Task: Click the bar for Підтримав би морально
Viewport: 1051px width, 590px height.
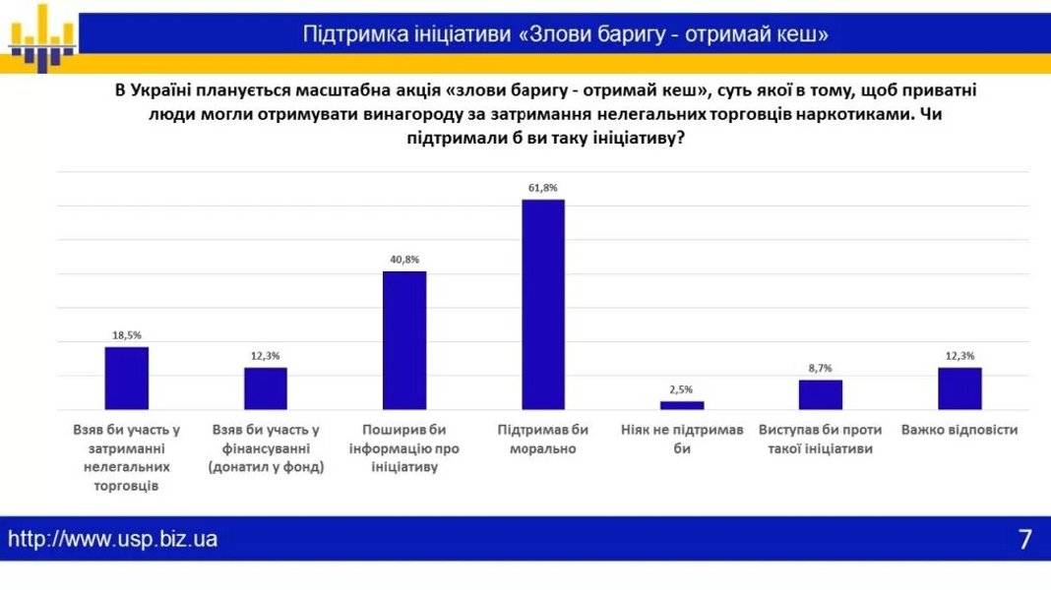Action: click(x=543, y=304)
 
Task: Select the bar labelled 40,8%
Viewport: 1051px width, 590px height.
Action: click(x=404, y=339)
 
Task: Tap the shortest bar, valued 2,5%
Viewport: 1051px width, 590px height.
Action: click(x=682, y=404)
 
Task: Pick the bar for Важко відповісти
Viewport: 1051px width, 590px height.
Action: click(x=959, y=387)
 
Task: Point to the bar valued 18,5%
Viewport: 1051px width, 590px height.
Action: click(x=127, y=378)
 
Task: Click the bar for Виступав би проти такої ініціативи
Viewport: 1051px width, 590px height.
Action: click(x=821, y=393)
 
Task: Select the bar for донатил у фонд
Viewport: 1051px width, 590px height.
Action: click(x=266, y=387)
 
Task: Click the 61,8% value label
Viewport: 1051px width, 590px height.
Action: click(x=543, y=188)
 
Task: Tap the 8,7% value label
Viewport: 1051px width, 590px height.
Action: click(x=821, y=368)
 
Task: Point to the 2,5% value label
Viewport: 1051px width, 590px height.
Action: click(x=682, y=389)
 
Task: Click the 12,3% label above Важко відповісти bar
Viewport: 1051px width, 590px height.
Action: click(x=959, y=356)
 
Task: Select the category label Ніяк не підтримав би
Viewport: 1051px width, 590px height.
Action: click(x=682, y=439)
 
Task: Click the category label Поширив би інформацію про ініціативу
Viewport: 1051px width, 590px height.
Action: click(x=404, y=448)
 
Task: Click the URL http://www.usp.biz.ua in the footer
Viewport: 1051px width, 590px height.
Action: click(x=113, y=539)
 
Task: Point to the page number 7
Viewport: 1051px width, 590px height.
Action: click(x=1024, y=539)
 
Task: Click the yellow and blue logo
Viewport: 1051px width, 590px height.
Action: click(x=42, y=37)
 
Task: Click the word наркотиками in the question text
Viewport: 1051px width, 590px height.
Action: click(x=854, y=114)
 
